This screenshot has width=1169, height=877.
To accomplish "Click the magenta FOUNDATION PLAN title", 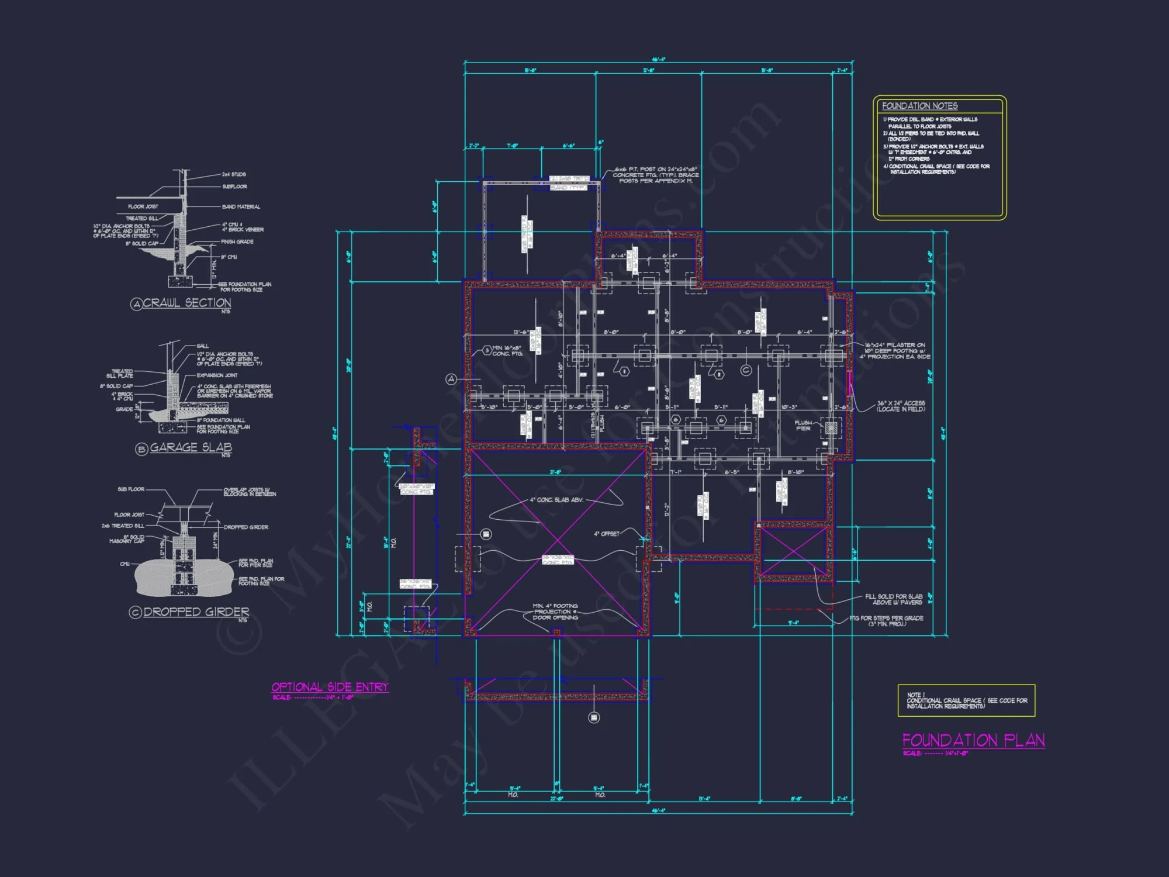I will click(973, 740).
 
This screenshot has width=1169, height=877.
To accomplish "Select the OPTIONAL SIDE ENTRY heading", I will click(330, 687).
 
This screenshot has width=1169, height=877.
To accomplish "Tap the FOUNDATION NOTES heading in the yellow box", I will click(919, 106).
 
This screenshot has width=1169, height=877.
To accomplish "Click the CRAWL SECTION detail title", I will click(187, 303).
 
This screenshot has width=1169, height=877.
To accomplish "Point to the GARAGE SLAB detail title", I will click(191, 447).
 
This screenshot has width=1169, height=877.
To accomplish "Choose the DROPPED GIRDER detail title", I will click(196, 612).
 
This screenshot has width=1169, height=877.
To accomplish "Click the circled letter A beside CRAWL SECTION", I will click(136, 304).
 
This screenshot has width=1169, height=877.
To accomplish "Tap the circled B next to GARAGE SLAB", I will click(141, 449).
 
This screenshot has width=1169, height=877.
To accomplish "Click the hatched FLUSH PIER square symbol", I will click(831, 427).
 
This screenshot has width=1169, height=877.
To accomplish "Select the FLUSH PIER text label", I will click(803, 426).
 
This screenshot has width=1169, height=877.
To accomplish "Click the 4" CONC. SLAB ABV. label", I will click(556, 500).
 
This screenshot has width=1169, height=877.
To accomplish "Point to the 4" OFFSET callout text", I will click(606, 534).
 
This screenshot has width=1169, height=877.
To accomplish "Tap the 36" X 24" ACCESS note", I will click(900, 406).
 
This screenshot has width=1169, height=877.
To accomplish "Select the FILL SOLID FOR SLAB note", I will click(893, 599).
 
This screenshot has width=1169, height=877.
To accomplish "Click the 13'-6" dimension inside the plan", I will click(521, 332).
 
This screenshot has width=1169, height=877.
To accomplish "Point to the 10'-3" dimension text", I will click(788, 407).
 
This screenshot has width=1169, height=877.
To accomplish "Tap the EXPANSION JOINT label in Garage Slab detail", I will click(217, 375).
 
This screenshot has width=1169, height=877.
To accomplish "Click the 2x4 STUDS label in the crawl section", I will click(234, 174).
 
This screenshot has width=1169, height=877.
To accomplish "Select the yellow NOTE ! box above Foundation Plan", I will click(966, 700).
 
